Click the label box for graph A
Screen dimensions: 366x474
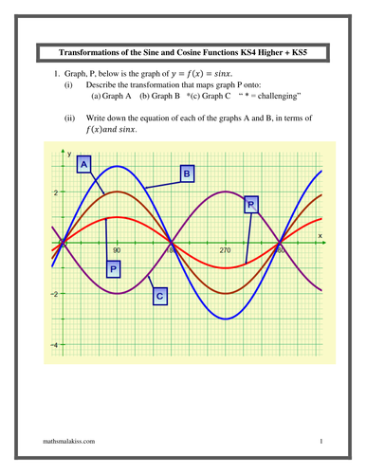84,165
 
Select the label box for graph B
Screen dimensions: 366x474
187,174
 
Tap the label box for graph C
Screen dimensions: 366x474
160,297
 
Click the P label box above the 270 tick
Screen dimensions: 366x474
250,204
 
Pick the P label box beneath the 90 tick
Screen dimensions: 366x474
114,269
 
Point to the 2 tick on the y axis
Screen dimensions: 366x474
55,192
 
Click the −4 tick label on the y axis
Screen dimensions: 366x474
54,345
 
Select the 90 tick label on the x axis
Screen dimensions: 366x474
117,251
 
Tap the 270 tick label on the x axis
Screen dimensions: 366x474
226,251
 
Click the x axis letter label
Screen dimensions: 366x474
320,234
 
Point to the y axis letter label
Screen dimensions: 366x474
68,152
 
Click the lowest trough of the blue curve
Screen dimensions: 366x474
226,319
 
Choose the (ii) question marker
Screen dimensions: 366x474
69,118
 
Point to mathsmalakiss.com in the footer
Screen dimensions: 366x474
71,442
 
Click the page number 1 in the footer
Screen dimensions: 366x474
321,442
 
